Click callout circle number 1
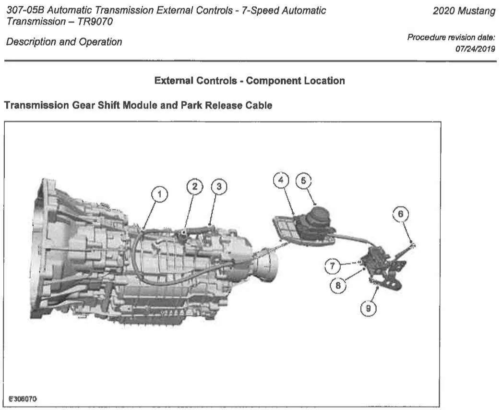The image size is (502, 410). tap(159, 194)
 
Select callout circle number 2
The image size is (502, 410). tap(195, 186)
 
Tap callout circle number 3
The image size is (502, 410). tap(219, 186)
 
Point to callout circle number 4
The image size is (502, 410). tap(281, 181)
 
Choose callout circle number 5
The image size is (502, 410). tap(303, 181)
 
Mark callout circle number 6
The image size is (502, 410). tap(401, 214)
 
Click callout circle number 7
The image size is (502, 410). tap(333, 265)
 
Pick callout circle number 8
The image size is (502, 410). tap(338, 285)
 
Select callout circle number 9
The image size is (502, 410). tap(368, 308)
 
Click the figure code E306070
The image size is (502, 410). tap(23, 399)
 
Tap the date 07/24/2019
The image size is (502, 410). tap(475, 49)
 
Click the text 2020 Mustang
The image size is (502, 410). tap(464, 11)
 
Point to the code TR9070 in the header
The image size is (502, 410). tap(95, 22)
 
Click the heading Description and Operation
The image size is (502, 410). tap(64, 42)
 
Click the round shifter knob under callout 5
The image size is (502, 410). tap(318, 216)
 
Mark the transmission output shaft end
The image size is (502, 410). tap(268, 267)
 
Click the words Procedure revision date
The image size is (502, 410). tap(451, 37)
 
